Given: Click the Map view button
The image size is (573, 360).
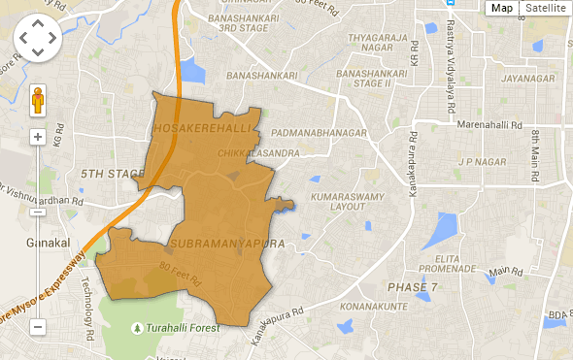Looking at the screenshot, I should coord(502,8).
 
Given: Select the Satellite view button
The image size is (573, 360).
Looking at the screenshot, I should coord(545,8).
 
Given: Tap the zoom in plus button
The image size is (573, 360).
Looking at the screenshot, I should coord(38,137).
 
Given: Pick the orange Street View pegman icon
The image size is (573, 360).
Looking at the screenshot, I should coord(38,101).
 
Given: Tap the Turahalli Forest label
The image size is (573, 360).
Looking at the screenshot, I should coord(182,328).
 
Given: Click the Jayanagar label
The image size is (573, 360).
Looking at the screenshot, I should coord(534,79).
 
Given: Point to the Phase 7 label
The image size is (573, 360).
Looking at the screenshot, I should coord(413,288).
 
